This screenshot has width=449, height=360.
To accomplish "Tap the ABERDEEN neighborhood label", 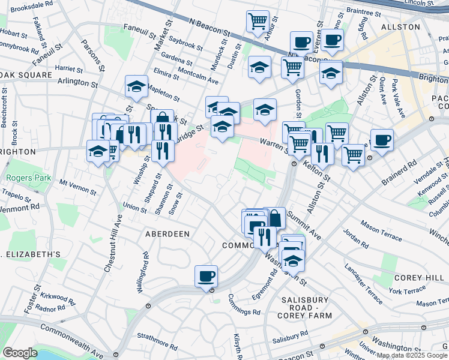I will pos(167,233).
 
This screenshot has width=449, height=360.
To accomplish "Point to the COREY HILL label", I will pos(418,278).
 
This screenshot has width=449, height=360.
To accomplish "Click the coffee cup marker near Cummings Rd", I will pos(206,277).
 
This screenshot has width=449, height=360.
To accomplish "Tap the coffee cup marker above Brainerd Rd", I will pos(382,141).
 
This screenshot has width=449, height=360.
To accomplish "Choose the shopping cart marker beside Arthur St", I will pos(258,21).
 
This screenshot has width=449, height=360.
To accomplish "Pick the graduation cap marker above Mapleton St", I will pos(137,86).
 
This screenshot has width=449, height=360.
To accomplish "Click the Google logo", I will pos(20,352).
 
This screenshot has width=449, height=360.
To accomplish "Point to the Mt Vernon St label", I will pos(77,187).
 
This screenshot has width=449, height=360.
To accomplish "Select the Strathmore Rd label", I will pos(155,338).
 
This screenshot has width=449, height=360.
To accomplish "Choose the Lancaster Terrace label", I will pos(364,275).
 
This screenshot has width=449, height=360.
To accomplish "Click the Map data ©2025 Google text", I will pos(412,355).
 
